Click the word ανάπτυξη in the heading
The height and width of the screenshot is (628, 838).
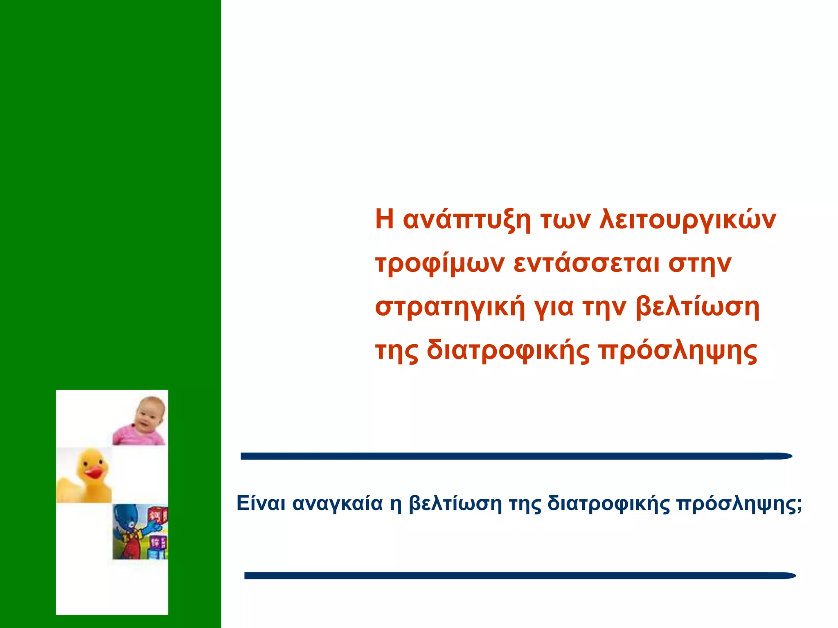(x=467, y=220)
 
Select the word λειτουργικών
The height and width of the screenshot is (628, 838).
(x=687, y=220)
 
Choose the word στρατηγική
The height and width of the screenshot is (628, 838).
(x=450, y=308)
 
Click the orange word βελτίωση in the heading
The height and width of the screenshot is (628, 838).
(x=698, y=307)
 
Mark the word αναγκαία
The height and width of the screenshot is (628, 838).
(x=338, y=504)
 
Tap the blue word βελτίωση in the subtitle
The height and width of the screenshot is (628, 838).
(x=455, y=503)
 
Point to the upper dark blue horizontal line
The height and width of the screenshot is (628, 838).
(x=516, y=456)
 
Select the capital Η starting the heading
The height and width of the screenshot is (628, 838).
(x=384, y=220)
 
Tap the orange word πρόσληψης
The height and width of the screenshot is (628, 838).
(x=678, y=352)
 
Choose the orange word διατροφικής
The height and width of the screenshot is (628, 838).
(x=508, y=352)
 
